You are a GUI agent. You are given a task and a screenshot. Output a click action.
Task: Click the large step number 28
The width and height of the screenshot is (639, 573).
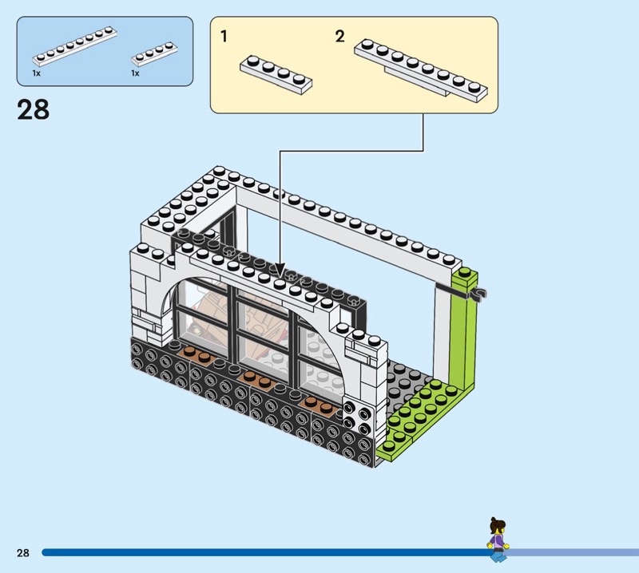(x=33, y=109)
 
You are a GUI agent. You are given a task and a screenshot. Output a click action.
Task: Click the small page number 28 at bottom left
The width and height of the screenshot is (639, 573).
(x=23, y=552)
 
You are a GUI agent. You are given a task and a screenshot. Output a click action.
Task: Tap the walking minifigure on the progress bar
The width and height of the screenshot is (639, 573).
(x=498, y=540)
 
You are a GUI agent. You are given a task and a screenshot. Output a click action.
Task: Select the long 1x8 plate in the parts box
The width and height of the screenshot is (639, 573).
(x=75, y=46)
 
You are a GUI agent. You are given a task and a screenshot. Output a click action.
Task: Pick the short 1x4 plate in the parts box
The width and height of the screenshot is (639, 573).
(x=154, y=53)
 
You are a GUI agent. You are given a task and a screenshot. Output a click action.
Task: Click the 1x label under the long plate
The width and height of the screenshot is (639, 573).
(x=36, y=73)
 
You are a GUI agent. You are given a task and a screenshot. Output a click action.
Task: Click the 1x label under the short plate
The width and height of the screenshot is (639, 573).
(x=135, y=73)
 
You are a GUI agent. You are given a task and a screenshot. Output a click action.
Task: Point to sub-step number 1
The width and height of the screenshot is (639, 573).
(x=224, y=37)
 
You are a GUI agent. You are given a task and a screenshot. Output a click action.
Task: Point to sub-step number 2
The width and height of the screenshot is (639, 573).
(x=340, y=36)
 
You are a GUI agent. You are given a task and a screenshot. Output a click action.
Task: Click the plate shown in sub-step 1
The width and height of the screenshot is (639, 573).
(x=276, y=75)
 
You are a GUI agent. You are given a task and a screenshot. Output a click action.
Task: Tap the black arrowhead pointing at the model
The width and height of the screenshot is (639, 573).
(x=280, y=270)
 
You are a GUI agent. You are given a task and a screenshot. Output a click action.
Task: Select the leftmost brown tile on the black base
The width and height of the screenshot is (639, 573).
(x=197, y=355)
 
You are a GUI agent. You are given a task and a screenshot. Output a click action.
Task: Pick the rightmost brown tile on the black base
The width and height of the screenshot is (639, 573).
(x=320, y=405)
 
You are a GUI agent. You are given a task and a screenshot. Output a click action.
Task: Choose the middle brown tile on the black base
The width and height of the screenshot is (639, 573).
(x=257, y=380)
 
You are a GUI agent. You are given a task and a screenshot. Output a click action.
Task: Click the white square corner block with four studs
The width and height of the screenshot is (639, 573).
(x=359, y=416)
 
